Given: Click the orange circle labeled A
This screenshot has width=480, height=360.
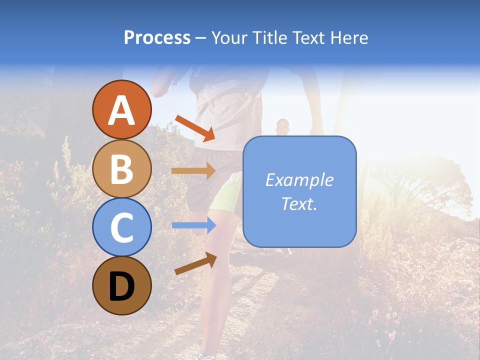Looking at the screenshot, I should pyautogui.click(x=121, y=110).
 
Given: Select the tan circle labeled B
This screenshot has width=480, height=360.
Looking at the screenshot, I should pyautogui.click(x=121, y=169).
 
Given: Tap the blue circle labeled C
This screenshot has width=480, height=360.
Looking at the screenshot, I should pyautogui.click(x=121, y=227).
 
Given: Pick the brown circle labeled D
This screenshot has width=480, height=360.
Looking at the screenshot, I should pyautogui.click(x=121, y=285).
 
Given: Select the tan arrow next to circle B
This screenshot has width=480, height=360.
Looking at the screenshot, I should pyautogui.click(x=193, y=170).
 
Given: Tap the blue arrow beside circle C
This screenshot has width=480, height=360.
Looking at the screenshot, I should pyautogui.click(x=193, y=225).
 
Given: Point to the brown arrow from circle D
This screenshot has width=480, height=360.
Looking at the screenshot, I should pyautogui.click(x=195, y=263).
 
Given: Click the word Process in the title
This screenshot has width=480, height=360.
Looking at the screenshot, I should pyautogui.click(x=157, y=38).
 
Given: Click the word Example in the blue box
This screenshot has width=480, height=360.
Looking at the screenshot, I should pyautogui.click(x=299, y=180).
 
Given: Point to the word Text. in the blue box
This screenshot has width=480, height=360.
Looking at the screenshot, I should pyautogui.click(x=299, y=204).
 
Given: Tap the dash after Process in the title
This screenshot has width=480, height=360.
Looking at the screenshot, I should pyautogui.click(x=201, y=38).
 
